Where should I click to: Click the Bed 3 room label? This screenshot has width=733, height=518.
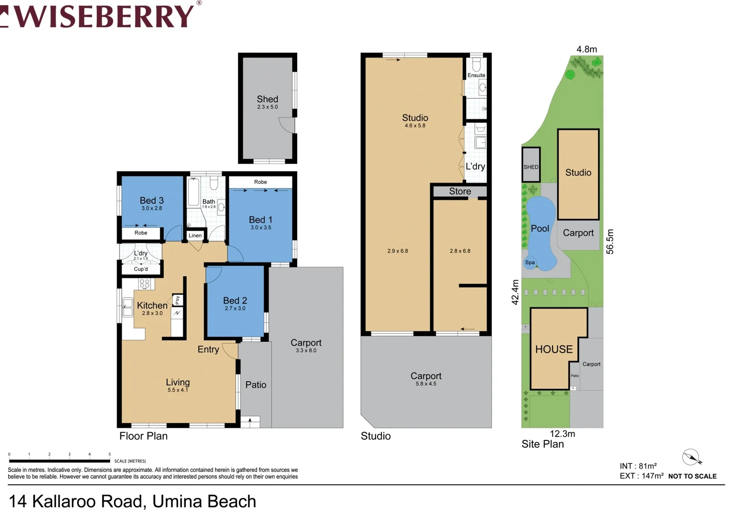click(152, 200)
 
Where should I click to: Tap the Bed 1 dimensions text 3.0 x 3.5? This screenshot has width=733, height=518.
click(261, 228)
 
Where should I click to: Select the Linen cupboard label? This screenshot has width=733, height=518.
click(195, 235)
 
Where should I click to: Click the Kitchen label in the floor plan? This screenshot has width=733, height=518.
click(152, 306)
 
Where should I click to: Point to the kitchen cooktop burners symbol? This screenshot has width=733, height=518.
click(144, 284)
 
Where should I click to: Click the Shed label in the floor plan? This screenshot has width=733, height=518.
click(267, 99)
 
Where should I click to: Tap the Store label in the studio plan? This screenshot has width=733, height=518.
click(460, 191)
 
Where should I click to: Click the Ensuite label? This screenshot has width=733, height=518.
click(476, 75)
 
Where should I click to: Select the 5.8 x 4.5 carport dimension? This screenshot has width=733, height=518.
click(426, 384)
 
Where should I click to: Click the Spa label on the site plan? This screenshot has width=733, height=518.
click(530, 262)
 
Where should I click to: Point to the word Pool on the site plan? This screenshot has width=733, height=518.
click(540, 229)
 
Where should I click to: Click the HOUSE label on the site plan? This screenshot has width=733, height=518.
click(554, 349)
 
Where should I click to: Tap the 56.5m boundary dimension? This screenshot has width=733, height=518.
click(610, 241)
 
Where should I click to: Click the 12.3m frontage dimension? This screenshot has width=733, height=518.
click(562, 434)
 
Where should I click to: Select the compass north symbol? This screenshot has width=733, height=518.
click(691, 458)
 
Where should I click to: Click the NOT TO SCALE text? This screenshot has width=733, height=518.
click(692, 476)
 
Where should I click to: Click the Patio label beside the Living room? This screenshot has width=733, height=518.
click(256, 385)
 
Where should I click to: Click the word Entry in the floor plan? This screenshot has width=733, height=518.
click(208, 350)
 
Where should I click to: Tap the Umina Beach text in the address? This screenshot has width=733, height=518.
click(204, 501)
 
